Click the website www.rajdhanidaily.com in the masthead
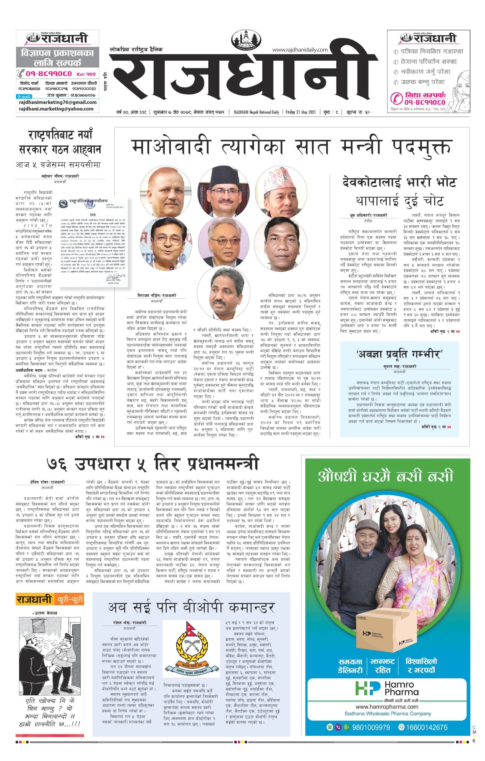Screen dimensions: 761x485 pyautogui.click(x=300, y=50)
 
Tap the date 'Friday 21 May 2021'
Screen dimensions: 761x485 pyautogui.click(x=300, y=112)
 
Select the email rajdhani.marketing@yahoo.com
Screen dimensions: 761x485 pyautogui.click(x=56, y=109)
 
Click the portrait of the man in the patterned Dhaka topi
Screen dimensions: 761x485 pyautogui.click(x=281, y=192)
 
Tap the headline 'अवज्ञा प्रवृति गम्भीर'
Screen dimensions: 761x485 pyautogui.click(x=399, y=354)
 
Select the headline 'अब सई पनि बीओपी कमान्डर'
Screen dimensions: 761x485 pyautogui.click(x=191, y=607)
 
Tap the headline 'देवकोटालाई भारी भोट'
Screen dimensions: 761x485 pyautogui.click(x=399, y=182)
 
